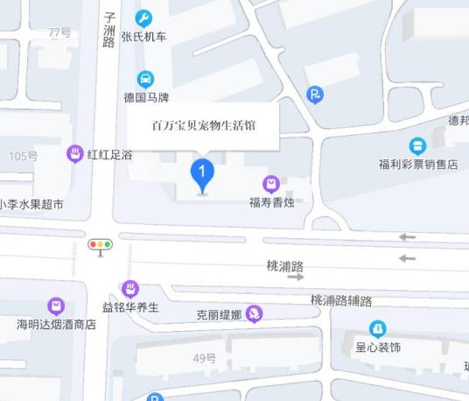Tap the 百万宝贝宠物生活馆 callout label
coord(204,125)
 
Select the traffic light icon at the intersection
coord(101,246)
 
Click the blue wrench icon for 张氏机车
coord(144,18)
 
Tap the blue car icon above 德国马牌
coord(145,77)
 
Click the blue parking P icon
coord(315,95)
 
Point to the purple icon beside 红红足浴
coord(76,154)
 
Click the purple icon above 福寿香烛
coord(271,184)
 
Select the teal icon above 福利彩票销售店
coord(417,145)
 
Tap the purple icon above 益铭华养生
coord(130,288)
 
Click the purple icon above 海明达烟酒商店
coord(56,306)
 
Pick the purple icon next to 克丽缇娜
coord(254,313)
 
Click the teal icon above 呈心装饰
coord(377,329)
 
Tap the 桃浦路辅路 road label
coord(341,300)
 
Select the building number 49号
coord(205,357)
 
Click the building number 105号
coord(24,156)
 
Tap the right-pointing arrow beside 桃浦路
coord(296,277)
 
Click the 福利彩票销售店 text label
coord(417,164)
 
